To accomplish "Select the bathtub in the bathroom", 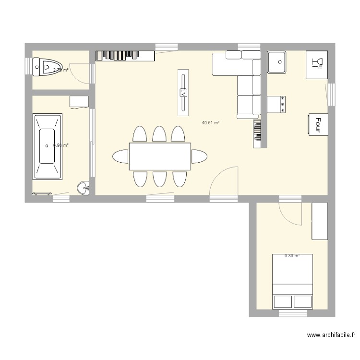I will pyautogui.click(x=47, y=146).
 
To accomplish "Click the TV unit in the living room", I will pyautogui.click(x=183, y=92).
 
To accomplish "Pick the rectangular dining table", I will pyautogui.click(x=159, y=156).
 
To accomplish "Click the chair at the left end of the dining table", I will pyautogui.click(x=120, y=156).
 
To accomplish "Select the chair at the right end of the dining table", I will pyautogui.click(x=199, y=156).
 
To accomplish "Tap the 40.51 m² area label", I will pyautogui.click(x=211, y=123).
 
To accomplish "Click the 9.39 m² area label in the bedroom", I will pyautogui.click(x=291, y=256).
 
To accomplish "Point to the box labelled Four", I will pyautogui.click(x=316, y=124).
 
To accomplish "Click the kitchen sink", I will pyautogui.click(x=277, y=62).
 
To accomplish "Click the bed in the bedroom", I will pyautogui.click(x=292, y=281).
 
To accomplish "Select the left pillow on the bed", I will pyautogui.click(x=283, y=301).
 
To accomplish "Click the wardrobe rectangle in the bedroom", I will pyautogui.click(x=320, y=221).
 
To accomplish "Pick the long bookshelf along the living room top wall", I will pyautogui.click(x=125, y=56).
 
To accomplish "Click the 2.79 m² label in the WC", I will pyautogui.click(x=60, y=70).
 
